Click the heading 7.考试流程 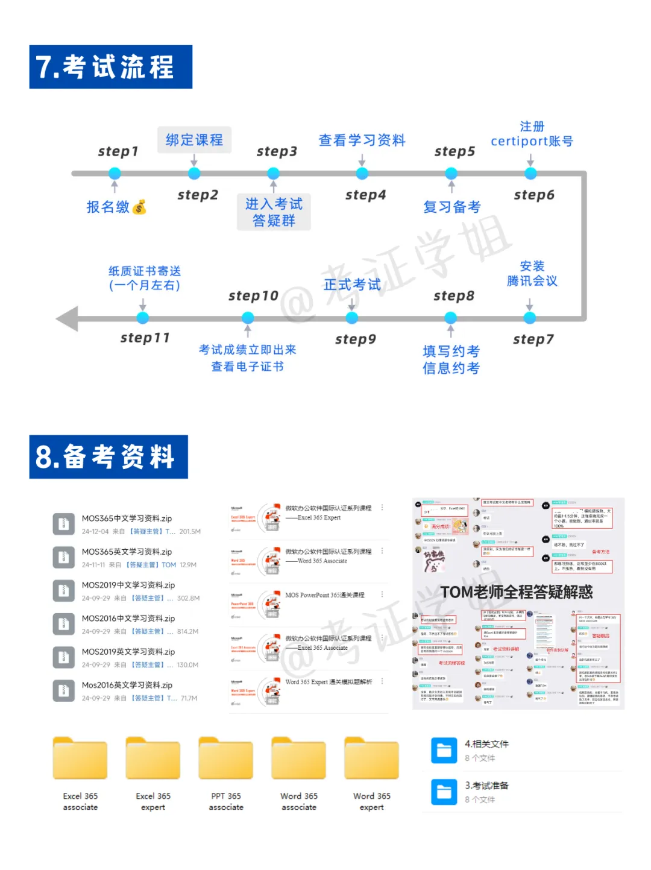[110, 67]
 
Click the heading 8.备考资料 [108, 457]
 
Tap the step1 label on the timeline [118, 151]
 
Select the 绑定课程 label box [194, 140]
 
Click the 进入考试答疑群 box [274, 212]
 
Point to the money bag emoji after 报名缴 [140, 207]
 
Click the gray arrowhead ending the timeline [68, 318]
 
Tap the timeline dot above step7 [529, 318]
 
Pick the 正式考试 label [352, 285]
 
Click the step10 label [253, 296]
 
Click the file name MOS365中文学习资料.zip [127, 519]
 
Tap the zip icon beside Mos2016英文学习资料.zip [63, 691]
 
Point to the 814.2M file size [187, 632]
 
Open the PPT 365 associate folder [226, 760]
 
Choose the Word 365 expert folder [371, 760]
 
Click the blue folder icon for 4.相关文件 [444, 751]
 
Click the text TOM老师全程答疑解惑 [517, 592]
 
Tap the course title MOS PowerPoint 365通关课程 [325, 595]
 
